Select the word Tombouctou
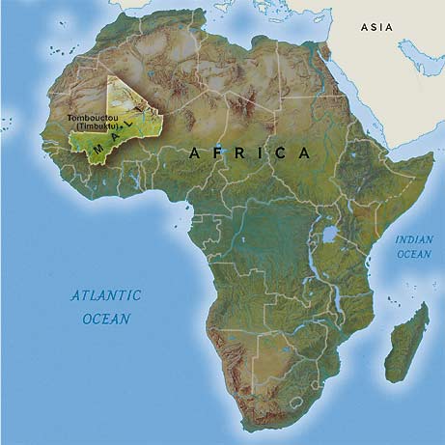point(95,119)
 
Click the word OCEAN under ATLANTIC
point(103,317)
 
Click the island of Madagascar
point(406,344)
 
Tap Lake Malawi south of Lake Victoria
point(334,294)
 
